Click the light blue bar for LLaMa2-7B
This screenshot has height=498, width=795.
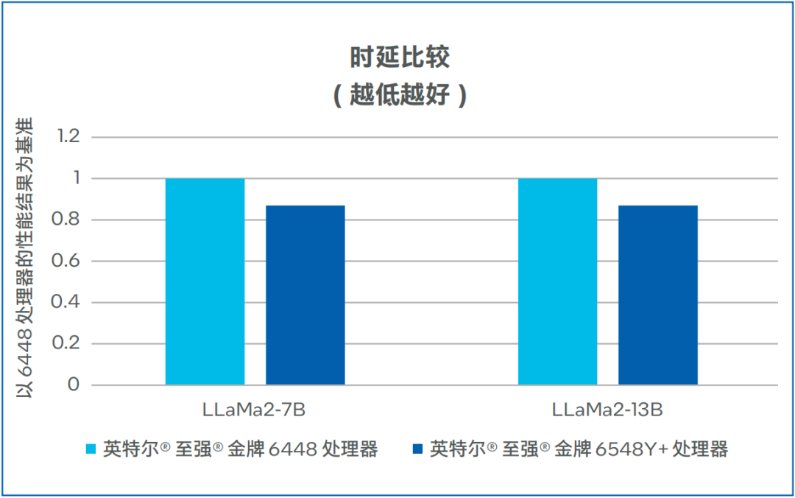[x=205, y=281]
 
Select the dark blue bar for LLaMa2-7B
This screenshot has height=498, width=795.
[x=305, y=295]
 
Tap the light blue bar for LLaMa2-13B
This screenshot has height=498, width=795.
[x=557, y=281]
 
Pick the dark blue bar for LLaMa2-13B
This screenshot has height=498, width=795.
[x=658, y=295]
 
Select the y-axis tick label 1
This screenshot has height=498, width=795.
[x=74, y=178]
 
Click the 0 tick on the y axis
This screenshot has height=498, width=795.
[x=74, y=385]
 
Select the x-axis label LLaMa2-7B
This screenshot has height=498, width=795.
[x=254, y=410]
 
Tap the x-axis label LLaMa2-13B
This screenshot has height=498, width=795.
[x=608, y=410]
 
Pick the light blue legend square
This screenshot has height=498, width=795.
[x=91, y=449]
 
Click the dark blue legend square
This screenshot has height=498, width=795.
[x=418, y=449]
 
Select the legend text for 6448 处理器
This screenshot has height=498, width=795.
[x=240, y=449]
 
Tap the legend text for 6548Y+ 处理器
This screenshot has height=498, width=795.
[x=579, y=449]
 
